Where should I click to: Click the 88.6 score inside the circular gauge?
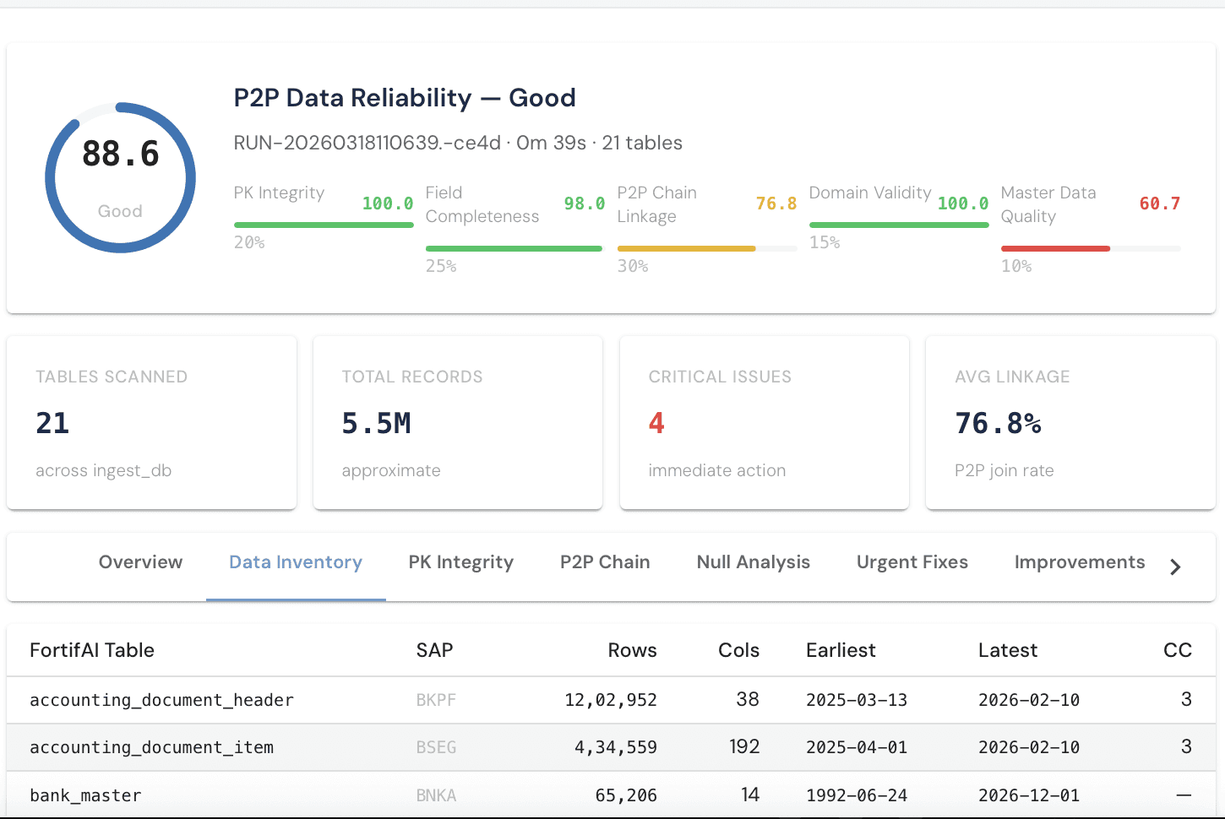point(121,155)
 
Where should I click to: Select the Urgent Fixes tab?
point(912,562)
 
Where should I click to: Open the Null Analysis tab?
point(753,562)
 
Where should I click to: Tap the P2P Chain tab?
point(605,562)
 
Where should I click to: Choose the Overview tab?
point(140,562)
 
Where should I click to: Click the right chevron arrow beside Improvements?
point(1175,567)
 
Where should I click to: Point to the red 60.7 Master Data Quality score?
point(1159,203)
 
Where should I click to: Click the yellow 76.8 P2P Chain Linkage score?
point(776,203)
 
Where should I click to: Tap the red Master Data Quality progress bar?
point(1055,248)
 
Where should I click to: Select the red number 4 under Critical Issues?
point(656,423)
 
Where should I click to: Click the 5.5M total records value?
point(376,423)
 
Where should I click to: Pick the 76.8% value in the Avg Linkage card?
point(998,423)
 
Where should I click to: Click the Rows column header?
point(632,650)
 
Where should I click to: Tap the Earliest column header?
point(841,650)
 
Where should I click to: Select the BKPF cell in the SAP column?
point(436,700)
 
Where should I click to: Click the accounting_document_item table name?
point(151,747)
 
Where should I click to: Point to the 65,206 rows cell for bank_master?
point(625,795)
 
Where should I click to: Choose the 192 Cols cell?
point(744,747)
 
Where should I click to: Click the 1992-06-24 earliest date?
point(857,795)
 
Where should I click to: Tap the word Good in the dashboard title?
point(542,98)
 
